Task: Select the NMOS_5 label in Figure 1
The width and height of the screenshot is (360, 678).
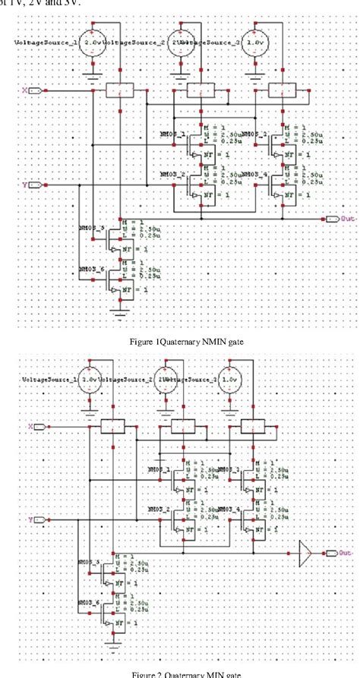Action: (x=92, y=227)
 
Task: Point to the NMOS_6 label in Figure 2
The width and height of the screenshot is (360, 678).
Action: (x=92, y=602)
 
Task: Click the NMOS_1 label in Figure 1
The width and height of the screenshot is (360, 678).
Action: (x=173, y=132)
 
